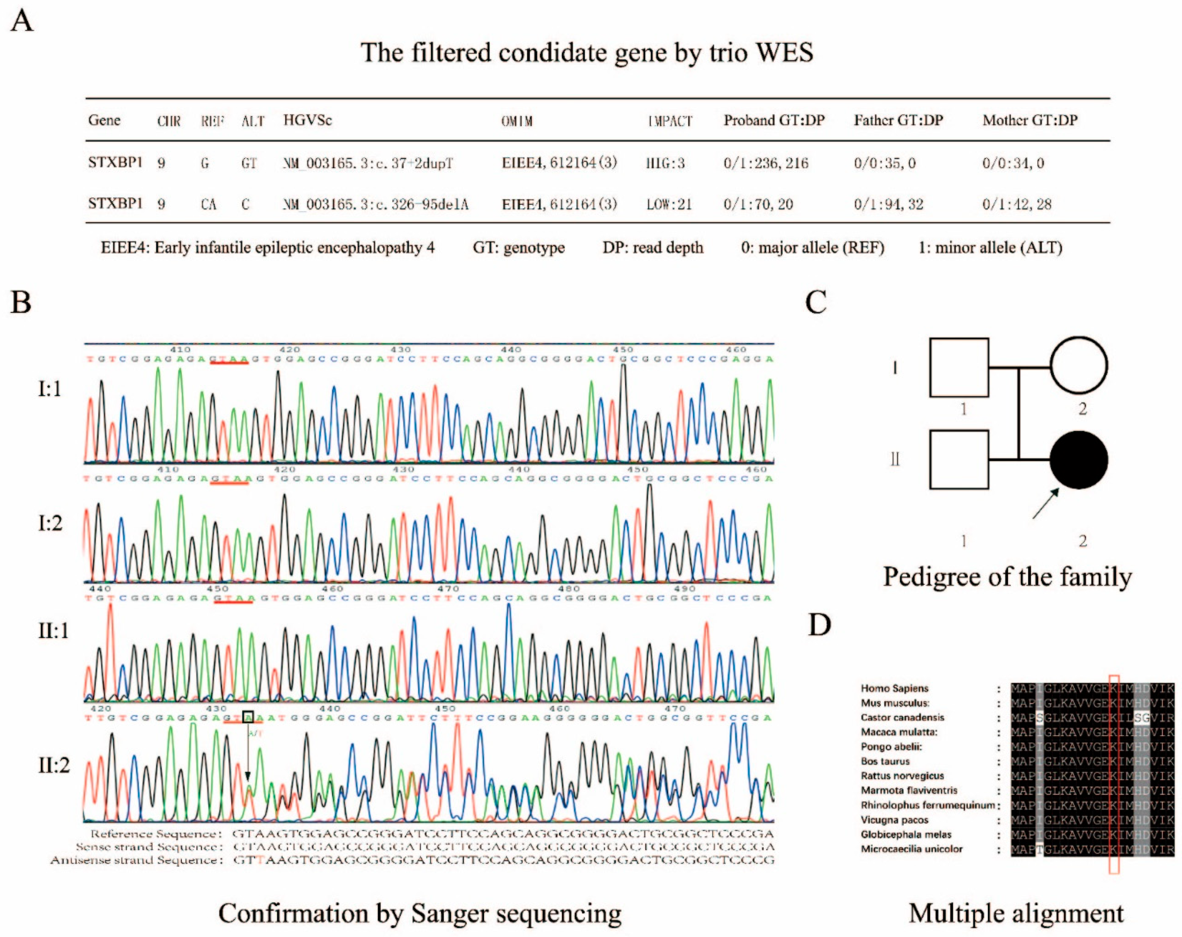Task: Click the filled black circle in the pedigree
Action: [x=1078, y=460]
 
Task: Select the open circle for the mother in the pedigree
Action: [x=1078, y=366]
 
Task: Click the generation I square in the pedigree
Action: [x=959, y=367]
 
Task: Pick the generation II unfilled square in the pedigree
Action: [x=959, y=460]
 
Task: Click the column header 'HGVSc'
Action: [x=307, y=120]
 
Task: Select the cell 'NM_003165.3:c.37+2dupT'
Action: [x=368, y=163]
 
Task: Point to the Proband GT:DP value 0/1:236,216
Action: [x=765, y=163]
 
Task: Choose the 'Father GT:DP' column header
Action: [x=898, y=120]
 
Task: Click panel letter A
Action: [x=22, y=22]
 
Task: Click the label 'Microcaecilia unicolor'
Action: [x=911, y=849]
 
